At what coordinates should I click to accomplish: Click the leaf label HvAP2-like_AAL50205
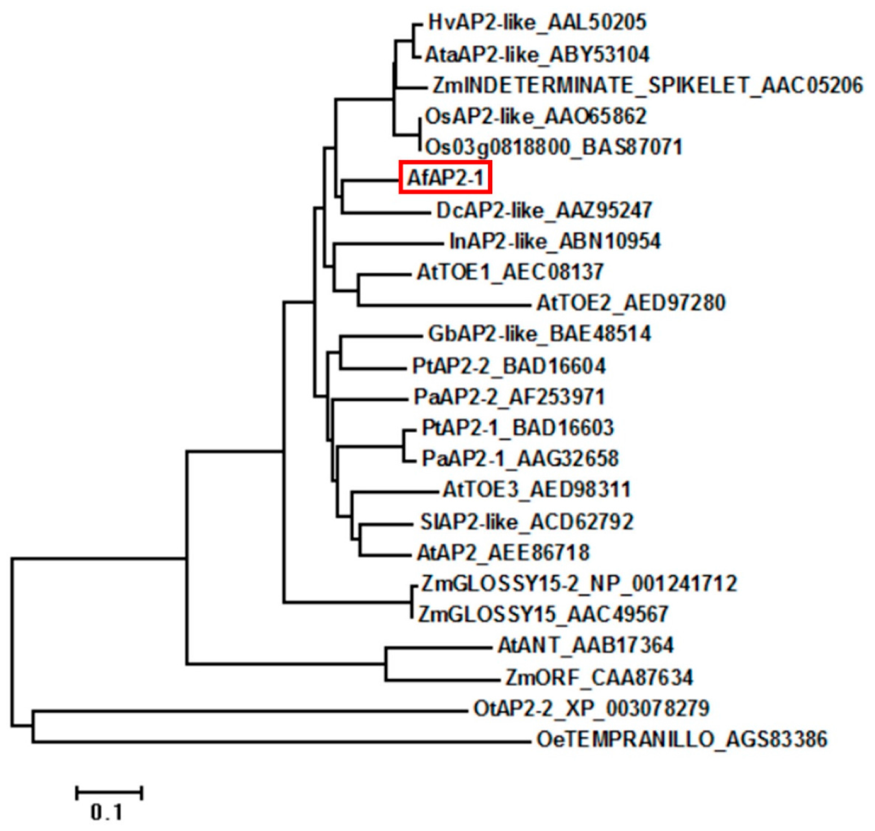(537, 23)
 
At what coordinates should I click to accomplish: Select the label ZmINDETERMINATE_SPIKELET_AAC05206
(648, 85)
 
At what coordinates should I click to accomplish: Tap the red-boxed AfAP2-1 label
(445, 178)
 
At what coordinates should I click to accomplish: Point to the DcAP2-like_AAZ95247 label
(544, 211)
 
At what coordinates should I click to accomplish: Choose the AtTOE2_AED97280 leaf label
(631, 303)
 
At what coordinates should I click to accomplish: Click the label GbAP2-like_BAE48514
(539, 334)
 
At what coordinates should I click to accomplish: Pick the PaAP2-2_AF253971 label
(509, 397)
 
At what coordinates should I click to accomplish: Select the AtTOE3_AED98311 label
(536, 489)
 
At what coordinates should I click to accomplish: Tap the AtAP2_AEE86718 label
(503, 552)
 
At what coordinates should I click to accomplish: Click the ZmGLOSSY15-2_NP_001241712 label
(579, 583)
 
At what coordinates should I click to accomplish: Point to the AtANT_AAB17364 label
(585, 645)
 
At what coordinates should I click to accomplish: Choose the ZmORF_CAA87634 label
(599, 677)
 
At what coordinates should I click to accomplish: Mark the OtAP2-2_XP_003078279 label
(591, 708)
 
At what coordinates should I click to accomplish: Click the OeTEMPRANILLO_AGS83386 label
(682, 739)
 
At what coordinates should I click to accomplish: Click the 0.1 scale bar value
(106, 812)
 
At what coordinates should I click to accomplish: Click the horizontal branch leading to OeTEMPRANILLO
(282, 742)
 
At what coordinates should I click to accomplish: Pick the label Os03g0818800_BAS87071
(553, 147)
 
